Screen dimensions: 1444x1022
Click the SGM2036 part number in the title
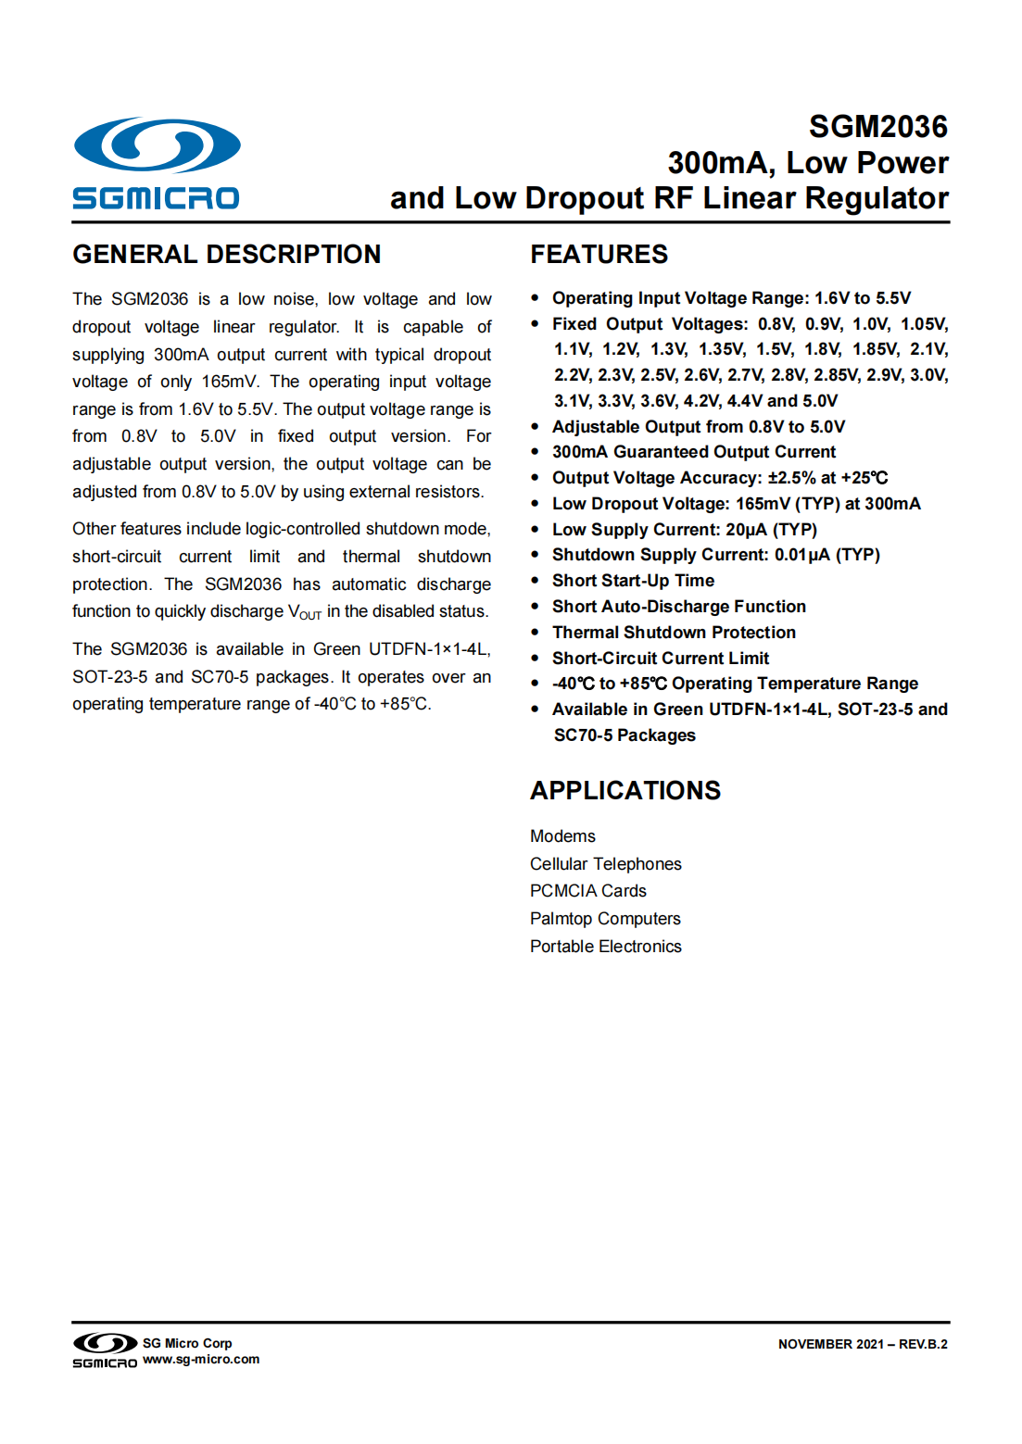pos(877,127)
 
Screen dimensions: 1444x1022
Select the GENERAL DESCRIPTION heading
pos(227,255)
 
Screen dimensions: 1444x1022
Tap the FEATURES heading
pos(599,255)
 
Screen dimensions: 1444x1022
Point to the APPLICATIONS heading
pos(625,791)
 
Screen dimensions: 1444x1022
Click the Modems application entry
pos(562,836)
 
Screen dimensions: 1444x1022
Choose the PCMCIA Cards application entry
pos(587,891)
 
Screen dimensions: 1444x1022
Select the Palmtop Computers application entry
pos(605,919)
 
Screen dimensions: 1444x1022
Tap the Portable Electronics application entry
pos(605,947)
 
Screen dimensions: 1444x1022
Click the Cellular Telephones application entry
pos(605,864)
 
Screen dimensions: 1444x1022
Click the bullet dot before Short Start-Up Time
pos(535,581)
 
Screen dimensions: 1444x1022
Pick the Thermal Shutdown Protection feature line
pos(674,633)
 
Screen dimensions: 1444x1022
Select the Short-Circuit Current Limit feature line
pos(661,659)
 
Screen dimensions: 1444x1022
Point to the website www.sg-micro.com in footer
pos(201,1360)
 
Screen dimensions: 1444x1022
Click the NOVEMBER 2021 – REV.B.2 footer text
pos(863,1344)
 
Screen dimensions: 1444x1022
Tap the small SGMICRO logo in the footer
pos(105,1350)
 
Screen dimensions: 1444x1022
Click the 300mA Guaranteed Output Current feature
pos(694,452)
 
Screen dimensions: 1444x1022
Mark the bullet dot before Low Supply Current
pos(535,530)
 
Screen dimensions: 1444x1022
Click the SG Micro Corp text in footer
pos(187,1343)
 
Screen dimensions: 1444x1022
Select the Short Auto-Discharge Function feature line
pos(679,607)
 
